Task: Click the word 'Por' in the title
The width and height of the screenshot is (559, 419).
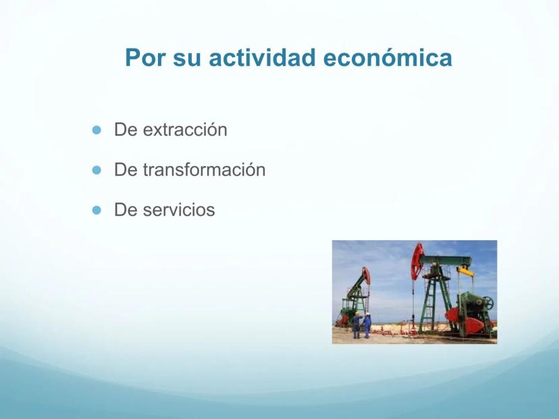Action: [x=146, y=58]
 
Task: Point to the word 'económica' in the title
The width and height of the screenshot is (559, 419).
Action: [x=388, y=58]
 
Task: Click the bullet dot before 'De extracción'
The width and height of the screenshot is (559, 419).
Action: [x=97, y=130]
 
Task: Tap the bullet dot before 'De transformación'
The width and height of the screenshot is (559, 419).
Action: [x=97, y=170]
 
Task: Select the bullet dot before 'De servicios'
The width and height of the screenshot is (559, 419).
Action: [x=97, y=211]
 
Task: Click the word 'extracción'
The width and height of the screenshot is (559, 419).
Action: [x=185, y=130]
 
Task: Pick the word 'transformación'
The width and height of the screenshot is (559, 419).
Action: [x=205, y=169]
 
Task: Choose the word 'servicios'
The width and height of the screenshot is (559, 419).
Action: [x=179, y=210]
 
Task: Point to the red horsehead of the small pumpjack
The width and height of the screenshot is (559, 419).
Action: [x=366, y=276]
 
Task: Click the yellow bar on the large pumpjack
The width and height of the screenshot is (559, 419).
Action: [x=465, y=271]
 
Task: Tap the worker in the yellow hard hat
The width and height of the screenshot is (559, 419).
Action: [x=356, y=325]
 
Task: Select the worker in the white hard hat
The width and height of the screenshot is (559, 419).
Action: [x=367, y=325]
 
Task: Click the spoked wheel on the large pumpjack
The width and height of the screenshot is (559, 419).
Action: [x=488, y=303]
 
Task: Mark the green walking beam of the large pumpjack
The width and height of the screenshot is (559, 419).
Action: [x=446, y=260]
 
